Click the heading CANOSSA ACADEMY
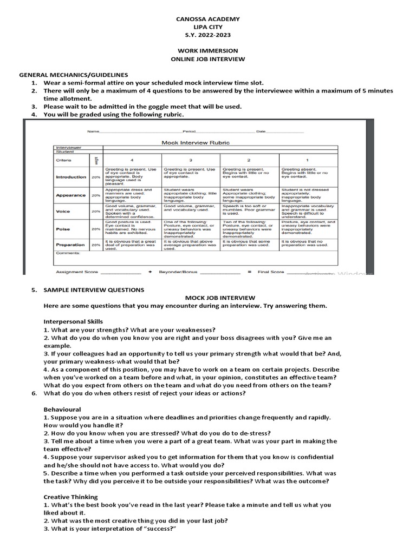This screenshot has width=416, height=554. click(208, 19)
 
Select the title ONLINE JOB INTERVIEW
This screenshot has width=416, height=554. click(208, 58)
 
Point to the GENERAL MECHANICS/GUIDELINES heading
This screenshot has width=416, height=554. click(74, 74)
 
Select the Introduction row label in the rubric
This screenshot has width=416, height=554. click(70, 177)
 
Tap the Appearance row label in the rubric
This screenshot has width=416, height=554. click(70, 195)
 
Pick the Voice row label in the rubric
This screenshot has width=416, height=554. click(64, 212)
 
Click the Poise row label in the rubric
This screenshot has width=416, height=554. click(63, 229)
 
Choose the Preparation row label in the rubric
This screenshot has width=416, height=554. click(70, 245)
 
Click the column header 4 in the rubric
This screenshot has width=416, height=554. click(131, 160)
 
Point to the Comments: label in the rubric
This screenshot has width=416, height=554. click(67, 253)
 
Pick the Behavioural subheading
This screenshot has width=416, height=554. click(62, 409)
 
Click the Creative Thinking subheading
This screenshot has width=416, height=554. click(70, 497)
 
